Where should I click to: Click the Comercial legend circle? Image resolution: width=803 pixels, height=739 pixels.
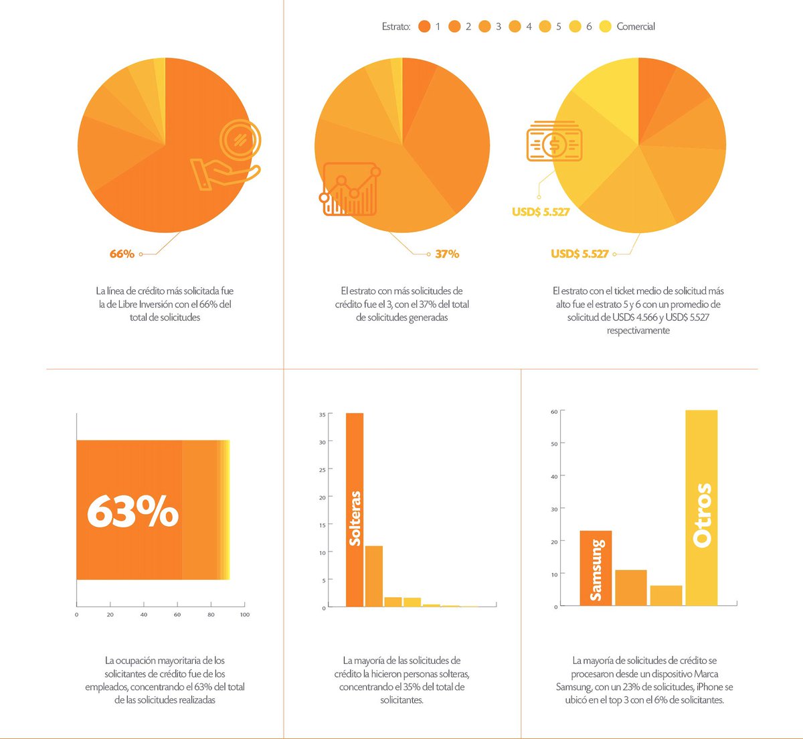point(606,27)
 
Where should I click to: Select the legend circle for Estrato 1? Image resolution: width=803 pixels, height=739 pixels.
point(424,27)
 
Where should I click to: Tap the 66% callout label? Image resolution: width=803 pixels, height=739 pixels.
point(122,254)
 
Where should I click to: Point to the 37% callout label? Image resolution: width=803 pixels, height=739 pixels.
point(447,254)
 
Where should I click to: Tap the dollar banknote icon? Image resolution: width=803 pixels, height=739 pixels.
point(554,142)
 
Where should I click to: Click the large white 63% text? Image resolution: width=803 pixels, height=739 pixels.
point(133,511)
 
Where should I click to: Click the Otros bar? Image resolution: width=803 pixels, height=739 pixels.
point(701,509)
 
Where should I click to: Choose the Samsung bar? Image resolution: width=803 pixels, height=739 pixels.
point(596,569)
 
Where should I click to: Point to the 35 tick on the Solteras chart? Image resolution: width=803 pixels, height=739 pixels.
point(323,415)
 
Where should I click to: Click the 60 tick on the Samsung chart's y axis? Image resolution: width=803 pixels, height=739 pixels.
point(554,412)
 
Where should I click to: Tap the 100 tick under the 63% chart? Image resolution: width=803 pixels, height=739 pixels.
point(245,614)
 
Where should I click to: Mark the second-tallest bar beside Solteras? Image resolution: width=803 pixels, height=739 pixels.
point(374,576)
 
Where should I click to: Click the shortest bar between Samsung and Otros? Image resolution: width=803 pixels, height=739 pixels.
point(666,596)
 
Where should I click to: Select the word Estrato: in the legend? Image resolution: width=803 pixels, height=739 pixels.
point(396,27)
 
